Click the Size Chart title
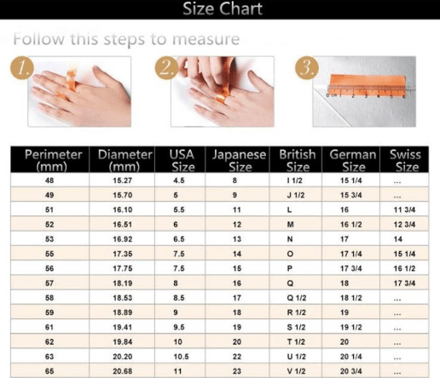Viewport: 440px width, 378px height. [223, 9]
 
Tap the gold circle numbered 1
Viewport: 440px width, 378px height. [22, 68]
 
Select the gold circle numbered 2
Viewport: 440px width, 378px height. [166, 68]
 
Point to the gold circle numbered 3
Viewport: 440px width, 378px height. [307, 68]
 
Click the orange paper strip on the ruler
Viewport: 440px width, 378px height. [368, 85]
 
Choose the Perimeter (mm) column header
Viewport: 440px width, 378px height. [53, 160]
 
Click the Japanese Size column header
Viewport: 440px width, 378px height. [240, 160]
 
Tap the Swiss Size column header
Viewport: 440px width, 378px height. [406, 160]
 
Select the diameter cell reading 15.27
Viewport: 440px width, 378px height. [123, 180]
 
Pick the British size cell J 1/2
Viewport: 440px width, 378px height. [296, 195]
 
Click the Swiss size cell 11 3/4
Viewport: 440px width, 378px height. [404, 210]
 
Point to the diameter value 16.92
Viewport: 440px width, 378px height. [123, 239]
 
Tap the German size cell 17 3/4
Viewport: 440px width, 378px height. [351, 268]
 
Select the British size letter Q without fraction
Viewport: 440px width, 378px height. [290, 283]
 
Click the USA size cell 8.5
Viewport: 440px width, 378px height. [179, 298]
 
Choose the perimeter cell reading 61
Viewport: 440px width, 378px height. [49, 327]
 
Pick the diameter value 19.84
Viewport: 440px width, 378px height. [123, 342]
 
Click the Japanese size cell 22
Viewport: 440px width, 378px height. [237, 357]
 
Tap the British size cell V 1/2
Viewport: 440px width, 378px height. [296, 371]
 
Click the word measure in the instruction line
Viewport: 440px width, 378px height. [206, 39]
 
